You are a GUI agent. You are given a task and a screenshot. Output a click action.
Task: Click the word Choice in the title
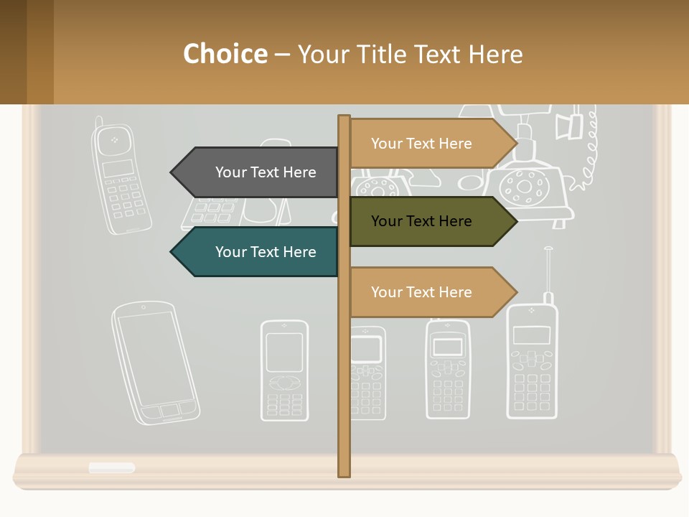pos(225,54)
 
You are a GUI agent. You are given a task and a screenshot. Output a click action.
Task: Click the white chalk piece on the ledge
pos(112,467)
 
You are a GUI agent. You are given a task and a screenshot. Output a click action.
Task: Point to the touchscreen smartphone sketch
pos(155,363)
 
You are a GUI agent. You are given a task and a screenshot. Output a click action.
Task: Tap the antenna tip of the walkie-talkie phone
pos(548,249)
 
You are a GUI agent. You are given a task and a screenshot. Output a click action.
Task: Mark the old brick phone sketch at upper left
pos(122,180)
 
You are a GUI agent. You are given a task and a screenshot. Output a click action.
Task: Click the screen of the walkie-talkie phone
pos(532,335)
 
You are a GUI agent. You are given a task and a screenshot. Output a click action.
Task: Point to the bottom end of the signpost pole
pos(344,473)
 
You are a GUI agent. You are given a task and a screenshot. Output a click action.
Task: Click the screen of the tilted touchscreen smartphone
pos(154,358)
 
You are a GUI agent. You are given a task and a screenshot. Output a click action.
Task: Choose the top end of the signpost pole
pos(344,118)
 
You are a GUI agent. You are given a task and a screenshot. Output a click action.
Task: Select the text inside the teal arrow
pos(266,252)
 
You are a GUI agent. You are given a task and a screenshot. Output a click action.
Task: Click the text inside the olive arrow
pos(421,221)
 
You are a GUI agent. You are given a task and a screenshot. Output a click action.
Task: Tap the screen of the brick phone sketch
pos(118,169)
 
